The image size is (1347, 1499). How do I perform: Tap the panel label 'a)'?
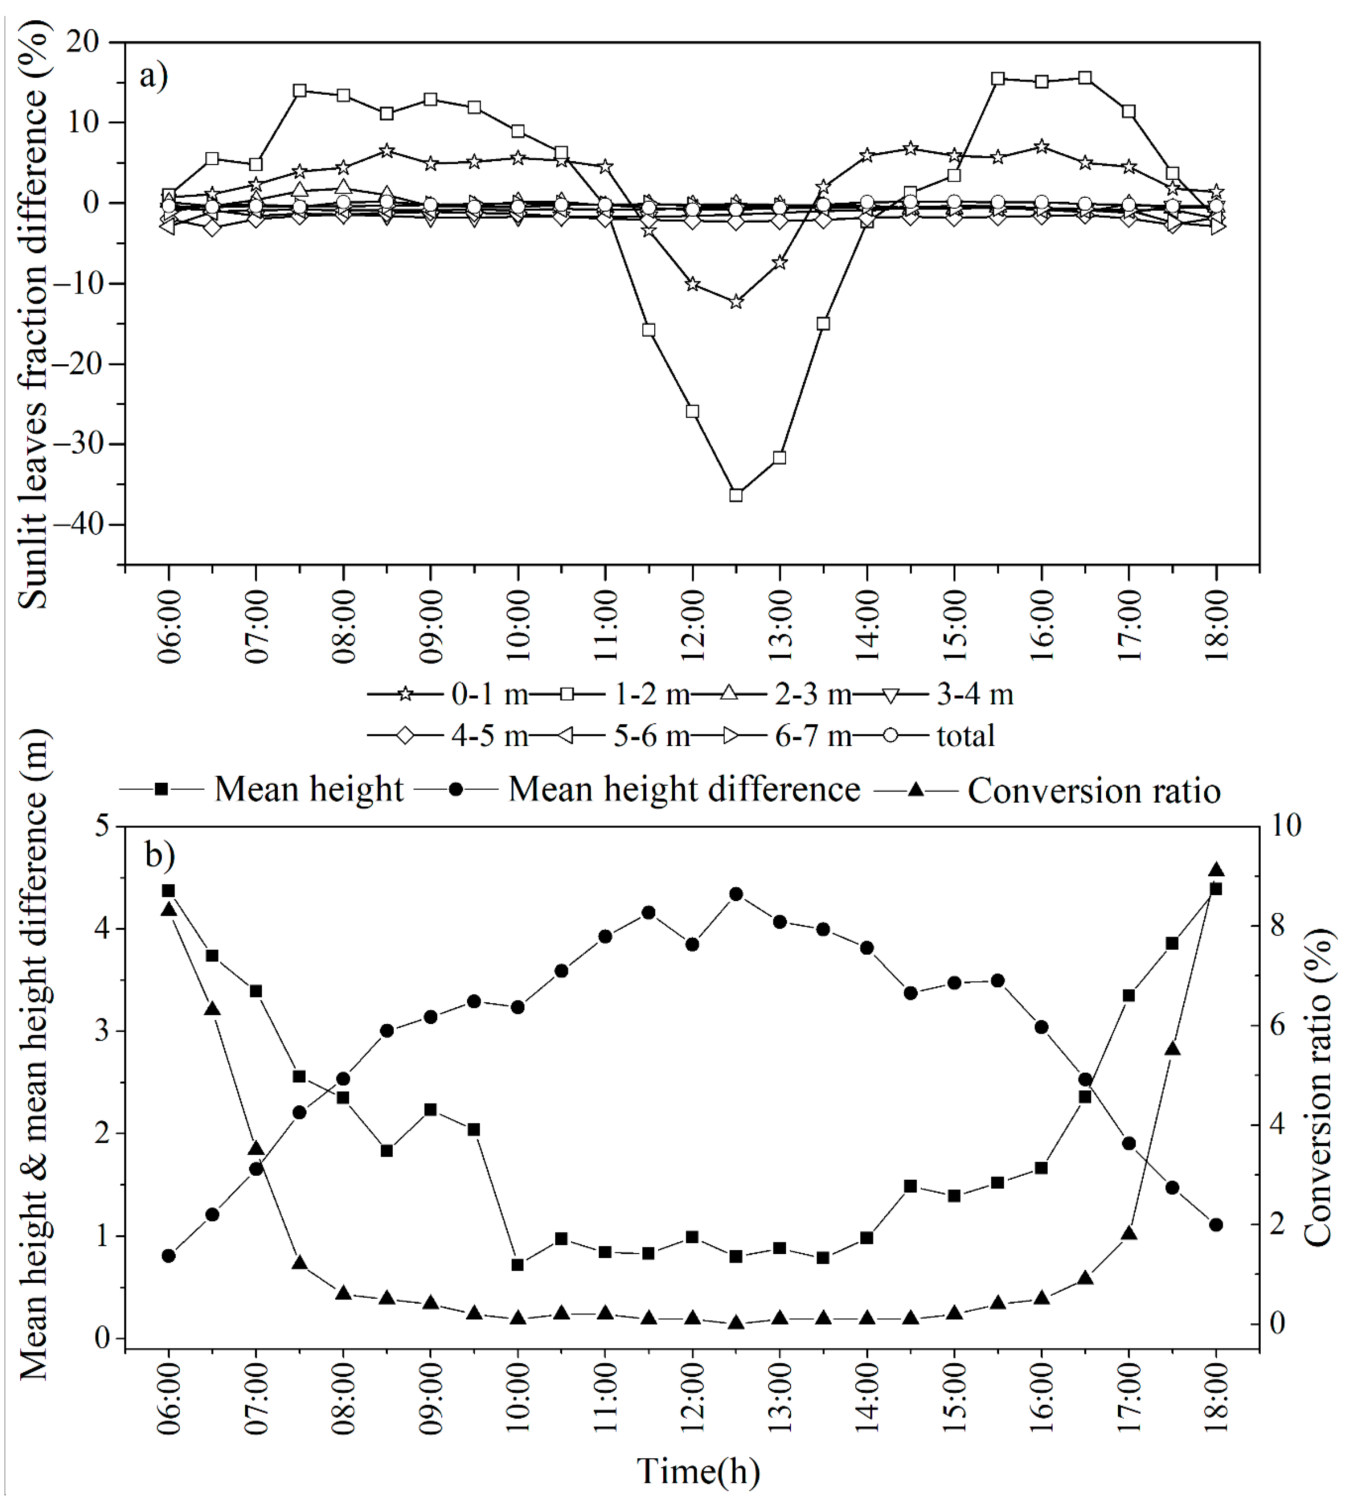click(154, 76)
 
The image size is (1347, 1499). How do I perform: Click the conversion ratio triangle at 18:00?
click(1216, 869)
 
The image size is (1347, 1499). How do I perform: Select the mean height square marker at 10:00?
click(518, 1264)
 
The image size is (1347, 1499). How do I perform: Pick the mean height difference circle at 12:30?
click(736, 894)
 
